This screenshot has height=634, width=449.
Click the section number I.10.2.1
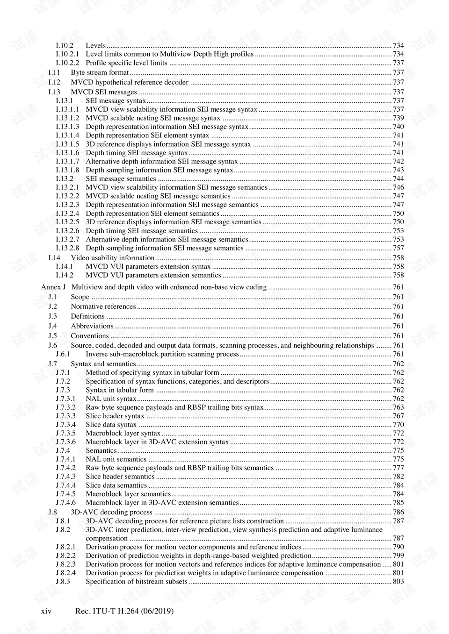coord(67,54)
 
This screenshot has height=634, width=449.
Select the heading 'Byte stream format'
coord(100,72)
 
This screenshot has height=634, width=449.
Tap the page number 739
coord(398,118)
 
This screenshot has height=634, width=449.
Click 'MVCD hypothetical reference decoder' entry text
coord(130,82)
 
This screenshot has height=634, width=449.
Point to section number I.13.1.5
coord(67,144)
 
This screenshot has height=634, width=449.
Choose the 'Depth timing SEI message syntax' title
coord(137,153)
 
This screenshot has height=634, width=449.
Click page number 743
coord(398,170)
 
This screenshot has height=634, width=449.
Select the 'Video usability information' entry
coord(112,258)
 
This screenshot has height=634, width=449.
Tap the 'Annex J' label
coord(53,287)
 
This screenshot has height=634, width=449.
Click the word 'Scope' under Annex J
coord(80,297)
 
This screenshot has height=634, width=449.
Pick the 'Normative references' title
coord(103,306)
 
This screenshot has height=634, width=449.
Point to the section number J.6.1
coord(63,354)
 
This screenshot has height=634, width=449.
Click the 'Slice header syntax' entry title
coord(115,416)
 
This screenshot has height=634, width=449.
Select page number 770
coord(398,425)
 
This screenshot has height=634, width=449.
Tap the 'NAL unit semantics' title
coord(116,459)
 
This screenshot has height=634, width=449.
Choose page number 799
coord(398,556)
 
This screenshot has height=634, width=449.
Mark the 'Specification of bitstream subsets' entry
coord(137,582)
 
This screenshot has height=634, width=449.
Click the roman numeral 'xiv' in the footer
coord(46,611)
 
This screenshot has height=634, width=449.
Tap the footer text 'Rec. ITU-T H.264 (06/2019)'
coord(124,611)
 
